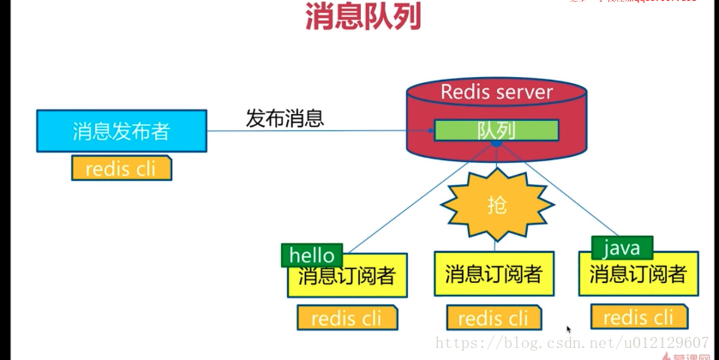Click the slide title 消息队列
point(362,17)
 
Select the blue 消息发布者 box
point(121,131)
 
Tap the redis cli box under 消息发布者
point(121,168)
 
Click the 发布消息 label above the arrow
point(285,118)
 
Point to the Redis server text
point(496,92)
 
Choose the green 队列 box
point(496,130)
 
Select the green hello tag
point(312,255)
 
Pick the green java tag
point(621,249)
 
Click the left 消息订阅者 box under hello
point(347,277)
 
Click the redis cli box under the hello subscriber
point(347,318)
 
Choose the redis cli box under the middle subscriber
point(493,318)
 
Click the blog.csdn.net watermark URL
point(572,343)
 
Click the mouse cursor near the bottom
point(568,329)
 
